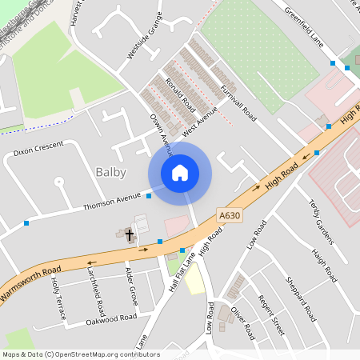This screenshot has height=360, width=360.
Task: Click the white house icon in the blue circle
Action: pos(180,173)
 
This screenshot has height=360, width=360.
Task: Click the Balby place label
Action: pos(110,172)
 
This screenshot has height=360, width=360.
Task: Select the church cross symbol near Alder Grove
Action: pos(128,235)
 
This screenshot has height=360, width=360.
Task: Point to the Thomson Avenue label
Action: pos(111,201)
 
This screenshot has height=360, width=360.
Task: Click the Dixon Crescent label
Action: pos(38,150)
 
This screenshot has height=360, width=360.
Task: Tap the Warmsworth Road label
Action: pos(30,286)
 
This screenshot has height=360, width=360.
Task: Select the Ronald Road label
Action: pos(181,94)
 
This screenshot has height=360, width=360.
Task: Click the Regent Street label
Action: pos(270,314)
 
